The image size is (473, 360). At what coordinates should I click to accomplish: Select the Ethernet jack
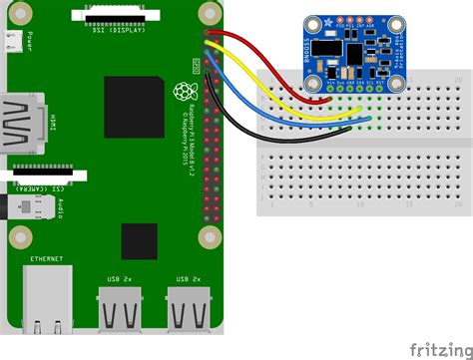(x=45, y=299)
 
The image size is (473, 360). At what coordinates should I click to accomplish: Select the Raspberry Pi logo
(x=184, y=91)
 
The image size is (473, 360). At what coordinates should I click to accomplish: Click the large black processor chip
(x=134, y=106)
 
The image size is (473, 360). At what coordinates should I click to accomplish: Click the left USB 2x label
(x=118, y=278)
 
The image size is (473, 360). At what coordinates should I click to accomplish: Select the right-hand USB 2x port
(x=189, y=309)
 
